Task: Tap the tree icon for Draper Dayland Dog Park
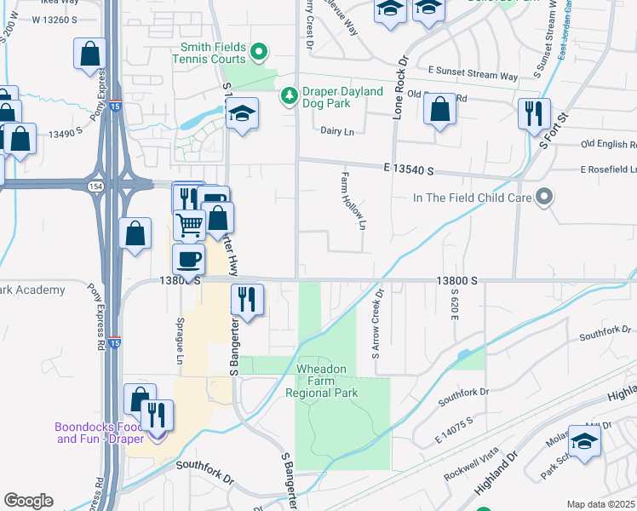290,95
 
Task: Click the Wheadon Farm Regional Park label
328,381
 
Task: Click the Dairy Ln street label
336,130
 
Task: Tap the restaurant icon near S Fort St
533,113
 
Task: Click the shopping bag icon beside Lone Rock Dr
439,109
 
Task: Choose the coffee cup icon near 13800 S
188,258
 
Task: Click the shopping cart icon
189,225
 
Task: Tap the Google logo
29,500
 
